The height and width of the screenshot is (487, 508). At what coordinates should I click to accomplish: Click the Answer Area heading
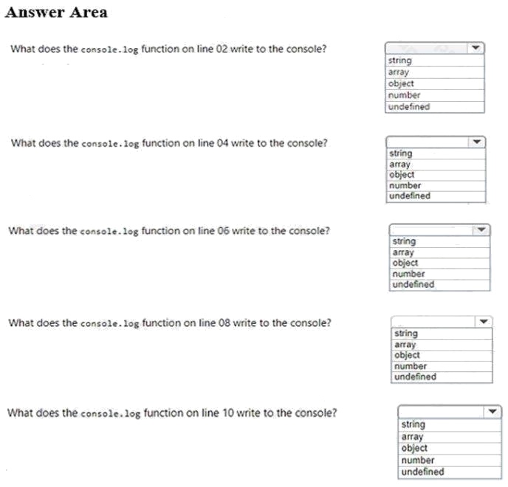point(56,12)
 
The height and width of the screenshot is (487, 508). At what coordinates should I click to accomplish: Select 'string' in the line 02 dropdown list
point(400,61)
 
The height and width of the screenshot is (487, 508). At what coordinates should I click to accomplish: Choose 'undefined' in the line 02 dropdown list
point(409,106)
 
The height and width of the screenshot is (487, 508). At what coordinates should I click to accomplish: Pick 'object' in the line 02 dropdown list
point(401,83)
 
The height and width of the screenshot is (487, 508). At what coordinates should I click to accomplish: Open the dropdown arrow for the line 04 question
point(478,141)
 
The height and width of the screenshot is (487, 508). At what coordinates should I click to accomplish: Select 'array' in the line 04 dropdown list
point(399,165)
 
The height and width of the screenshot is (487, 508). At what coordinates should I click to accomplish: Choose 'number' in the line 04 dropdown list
point(405,186)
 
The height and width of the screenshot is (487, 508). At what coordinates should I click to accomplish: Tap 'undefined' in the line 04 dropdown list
point(410,196)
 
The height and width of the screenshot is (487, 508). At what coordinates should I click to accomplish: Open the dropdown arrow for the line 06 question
point(481,230)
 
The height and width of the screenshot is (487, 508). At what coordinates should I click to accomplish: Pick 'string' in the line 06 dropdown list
point(405,241)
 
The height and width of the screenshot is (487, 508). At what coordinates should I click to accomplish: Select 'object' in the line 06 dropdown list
point(405,263)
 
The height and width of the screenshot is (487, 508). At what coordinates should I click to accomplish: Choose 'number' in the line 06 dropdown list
point(409,274)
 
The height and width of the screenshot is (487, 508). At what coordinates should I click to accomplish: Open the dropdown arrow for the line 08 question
point(484,322)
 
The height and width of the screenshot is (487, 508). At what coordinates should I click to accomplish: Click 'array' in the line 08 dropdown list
point(405,345)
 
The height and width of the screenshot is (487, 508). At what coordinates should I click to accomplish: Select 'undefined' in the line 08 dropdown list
point(415,377)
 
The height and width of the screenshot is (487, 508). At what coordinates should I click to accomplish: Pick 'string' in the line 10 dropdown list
point(413,424)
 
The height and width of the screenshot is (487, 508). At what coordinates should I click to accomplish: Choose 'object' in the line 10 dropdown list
point(414,448)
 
